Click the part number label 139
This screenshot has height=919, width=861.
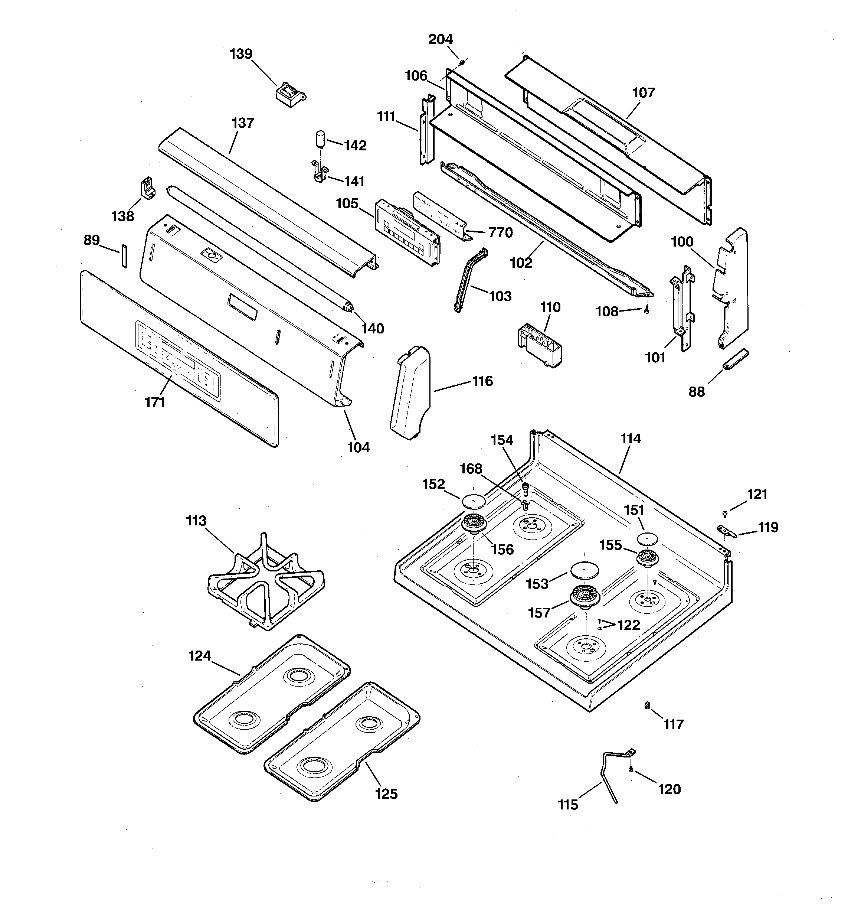pyautogui.click(x=241, y=54)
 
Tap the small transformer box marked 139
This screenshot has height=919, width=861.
pyautogui.click(x=291, y=94)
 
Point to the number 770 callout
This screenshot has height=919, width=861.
pyautogui.click(x=501, y=232)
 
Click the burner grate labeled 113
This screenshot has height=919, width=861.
pyautogui.click(x=266, y=581)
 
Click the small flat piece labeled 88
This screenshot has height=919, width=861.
pyautogui.click(x=735, y=360)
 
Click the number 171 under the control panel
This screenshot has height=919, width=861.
pyautogui.click(x=155, y=402)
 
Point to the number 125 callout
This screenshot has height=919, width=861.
pyautogui.click(x=386, y=794)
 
